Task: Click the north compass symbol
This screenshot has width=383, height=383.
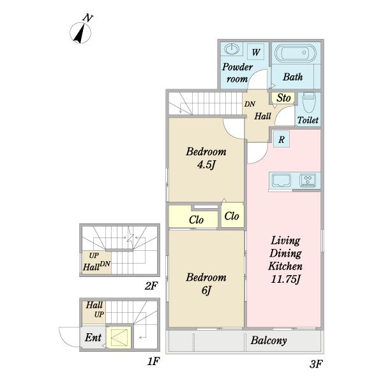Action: tap(81, 31)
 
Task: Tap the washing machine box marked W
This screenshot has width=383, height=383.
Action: tap(255, 52)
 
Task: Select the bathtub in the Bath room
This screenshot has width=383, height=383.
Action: tap(296, 52)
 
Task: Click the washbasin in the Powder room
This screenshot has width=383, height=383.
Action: tap(230, 49)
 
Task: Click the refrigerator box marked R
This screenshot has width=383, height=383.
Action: tap(282, 139)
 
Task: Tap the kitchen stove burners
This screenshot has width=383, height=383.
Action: tap(308, 180)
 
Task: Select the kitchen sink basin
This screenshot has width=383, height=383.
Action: tap(282, 180)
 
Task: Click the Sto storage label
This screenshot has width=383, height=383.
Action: tap(283, 98)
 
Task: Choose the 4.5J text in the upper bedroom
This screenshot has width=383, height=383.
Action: tap(206, 165)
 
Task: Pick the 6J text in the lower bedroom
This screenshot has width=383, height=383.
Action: tap(206, 290)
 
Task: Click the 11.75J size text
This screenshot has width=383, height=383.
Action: tap(285, 279)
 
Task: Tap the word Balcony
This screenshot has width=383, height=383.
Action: tap(269, 340)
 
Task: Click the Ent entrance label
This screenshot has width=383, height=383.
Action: tap(93, 338)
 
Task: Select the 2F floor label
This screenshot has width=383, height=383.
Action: tap(151, 285)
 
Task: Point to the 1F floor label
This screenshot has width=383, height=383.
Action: tap(153, 361)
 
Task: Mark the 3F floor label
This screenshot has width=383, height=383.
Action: tap(316, 364)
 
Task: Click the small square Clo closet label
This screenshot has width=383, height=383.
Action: tap(232, 216)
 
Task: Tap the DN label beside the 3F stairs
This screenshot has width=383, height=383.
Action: tap(250, 104)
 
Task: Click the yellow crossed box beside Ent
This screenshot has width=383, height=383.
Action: tap(119, 338)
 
